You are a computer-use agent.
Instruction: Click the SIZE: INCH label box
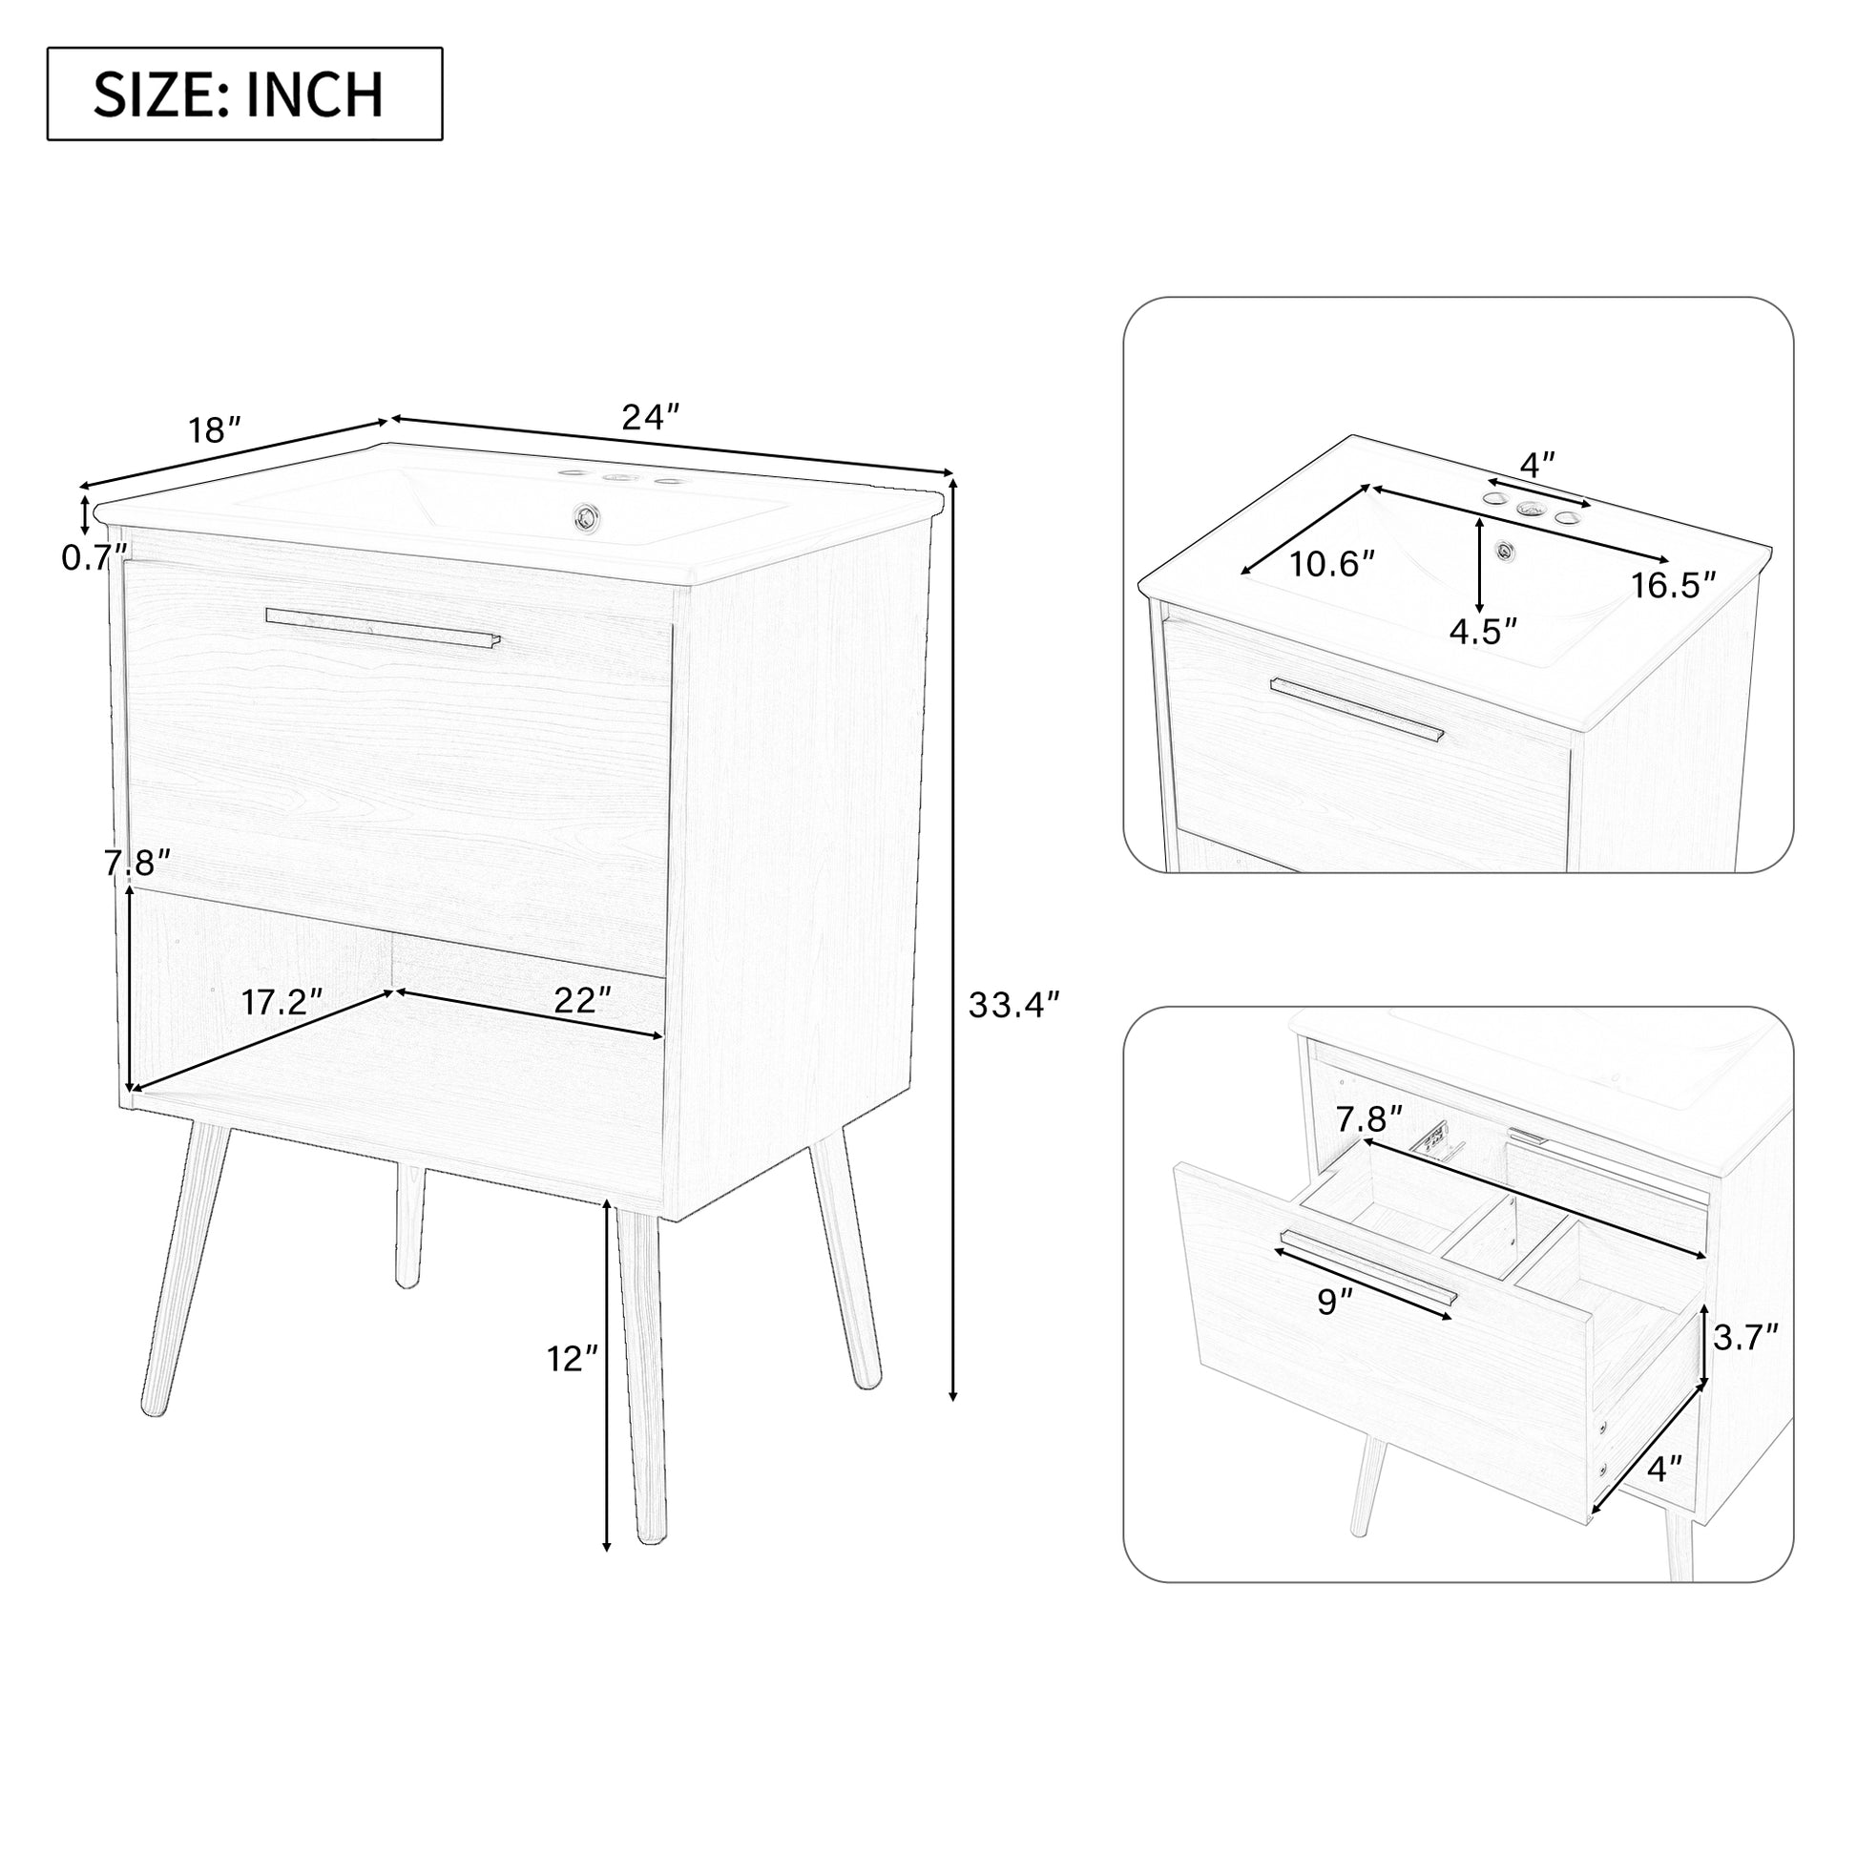pyautogui.click(x=244, y=94)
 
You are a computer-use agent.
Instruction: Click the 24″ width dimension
pyautogui.click(x=651, y=416)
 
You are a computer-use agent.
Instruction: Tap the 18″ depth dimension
pyautogui.click(x=214, y=429)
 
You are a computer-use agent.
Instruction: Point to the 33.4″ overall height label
pyautogui.click(x=1013, y=1006)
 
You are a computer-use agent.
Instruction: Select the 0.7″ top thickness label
pyautogui.click(x=94, y=557)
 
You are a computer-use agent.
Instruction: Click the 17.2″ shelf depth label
pyautogui.click(x=281, y=1003)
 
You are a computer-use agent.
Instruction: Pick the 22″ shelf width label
pyautogui.click(x=581, y=1001)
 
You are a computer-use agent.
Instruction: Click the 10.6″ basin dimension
pyautogui.click(x=1331, y=564)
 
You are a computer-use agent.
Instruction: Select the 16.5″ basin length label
pyautogui.click(x=1673, y=585)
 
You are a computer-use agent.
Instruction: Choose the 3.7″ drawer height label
pyautogui.click(x=1744, y=1337)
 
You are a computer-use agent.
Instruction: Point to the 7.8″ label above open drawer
pyautogui.click(x=1368, y=1118)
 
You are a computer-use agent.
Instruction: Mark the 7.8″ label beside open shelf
pyautogui.click(x=137, y=864)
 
